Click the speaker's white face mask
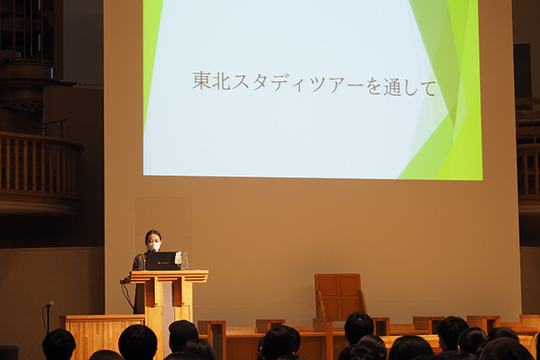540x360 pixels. point(154,246)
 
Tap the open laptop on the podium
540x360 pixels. point(162,261)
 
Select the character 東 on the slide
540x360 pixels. point(201,80)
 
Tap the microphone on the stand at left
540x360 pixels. point(49,304)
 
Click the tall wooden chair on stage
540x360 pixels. point(339,297)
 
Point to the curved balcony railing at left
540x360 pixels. point(41,166)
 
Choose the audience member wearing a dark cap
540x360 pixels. point(183,336)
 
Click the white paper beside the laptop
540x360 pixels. point(178,258)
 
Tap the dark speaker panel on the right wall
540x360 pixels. point(523,71)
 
